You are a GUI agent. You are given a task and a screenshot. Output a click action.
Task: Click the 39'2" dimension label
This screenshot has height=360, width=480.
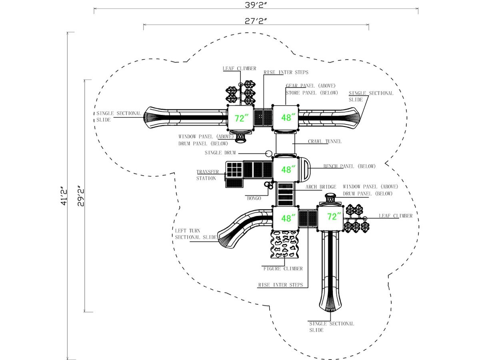click(x=256, y=5)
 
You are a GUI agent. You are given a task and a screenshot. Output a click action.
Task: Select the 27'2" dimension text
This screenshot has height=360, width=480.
click(x=256, y=21)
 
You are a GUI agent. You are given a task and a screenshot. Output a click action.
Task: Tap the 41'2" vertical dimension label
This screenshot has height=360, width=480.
click(x=64, y=196)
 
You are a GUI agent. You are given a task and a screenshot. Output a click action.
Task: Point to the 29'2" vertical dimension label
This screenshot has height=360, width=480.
click(x=80, y=196)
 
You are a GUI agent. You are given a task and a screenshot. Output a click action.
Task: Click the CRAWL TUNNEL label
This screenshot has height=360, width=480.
click(x=324, y=142)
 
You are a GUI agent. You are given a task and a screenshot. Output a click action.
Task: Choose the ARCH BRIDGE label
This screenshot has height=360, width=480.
click(x=321, y=187)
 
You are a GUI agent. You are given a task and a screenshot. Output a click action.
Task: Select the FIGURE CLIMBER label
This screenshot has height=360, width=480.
click(x=283, y=269)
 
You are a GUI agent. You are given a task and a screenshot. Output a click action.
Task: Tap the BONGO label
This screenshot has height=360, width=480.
click(x=254, y=198)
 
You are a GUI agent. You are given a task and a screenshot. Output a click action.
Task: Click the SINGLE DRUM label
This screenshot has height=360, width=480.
click(x=220, y=153)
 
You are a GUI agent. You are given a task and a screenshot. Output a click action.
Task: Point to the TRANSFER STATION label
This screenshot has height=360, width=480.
click(x=207, y=175)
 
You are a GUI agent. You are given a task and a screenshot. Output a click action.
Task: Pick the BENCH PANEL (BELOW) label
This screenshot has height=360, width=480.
click(x=349, y=166)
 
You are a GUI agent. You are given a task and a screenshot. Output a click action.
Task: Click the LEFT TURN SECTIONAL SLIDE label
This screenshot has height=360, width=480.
click(x=196, y=234)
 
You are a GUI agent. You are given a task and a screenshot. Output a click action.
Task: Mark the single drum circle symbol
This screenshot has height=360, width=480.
click(x=269, y=154)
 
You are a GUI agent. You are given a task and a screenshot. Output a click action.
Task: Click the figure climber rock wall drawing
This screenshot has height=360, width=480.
click(x=284, y=244)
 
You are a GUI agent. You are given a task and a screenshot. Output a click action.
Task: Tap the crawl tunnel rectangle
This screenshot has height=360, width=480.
click(x=285, y=144)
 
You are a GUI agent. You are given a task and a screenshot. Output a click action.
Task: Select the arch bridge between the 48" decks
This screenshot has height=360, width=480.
click(x=285, y=194)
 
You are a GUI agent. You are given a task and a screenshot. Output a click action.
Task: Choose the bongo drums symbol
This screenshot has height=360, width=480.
click(x=269, y=185)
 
